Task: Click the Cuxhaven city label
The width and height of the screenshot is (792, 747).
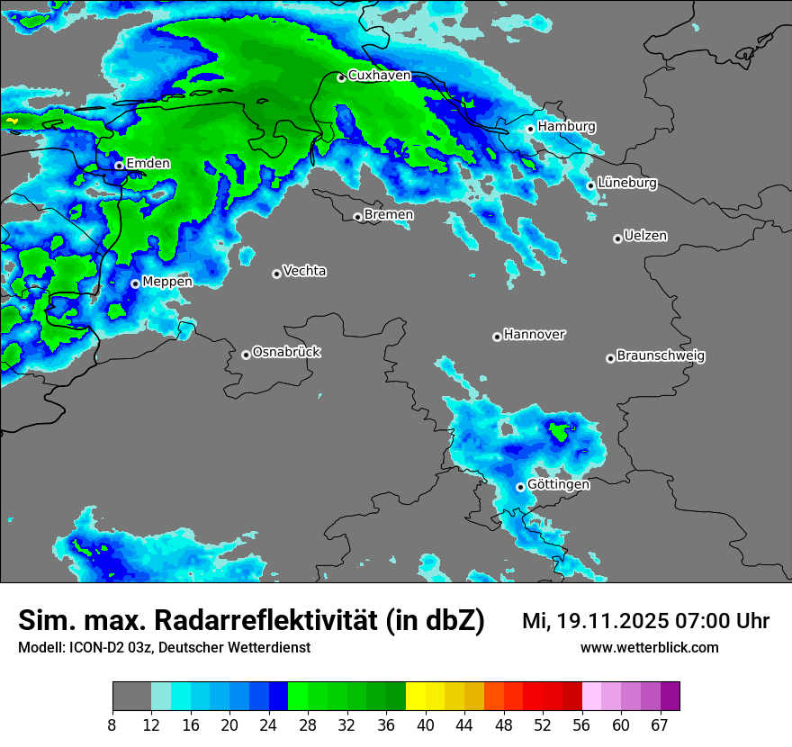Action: point(379,76)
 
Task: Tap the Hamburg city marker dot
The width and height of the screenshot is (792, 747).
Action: point(530,129)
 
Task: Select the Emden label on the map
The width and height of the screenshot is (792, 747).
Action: point(148,163)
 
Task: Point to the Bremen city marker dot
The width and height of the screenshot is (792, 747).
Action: point(357,217)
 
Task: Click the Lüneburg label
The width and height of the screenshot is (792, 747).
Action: point(627,183)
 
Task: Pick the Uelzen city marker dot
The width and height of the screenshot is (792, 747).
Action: point(617,238)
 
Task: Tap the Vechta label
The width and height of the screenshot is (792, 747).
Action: point(304,271)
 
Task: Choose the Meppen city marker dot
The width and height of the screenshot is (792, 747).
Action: point(135,283)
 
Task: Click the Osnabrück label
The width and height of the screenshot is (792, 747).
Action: point(286,352)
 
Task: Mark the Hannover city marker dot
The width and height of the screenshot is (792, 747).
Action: point(497,337)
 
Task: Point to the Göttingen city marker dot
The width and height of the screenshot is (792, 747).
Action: point(520,487)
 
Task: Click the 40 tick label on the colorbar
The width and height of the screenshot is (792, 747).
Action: point(426,725)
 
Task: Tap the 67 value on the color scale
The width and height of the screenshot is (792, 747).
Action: point(659,725)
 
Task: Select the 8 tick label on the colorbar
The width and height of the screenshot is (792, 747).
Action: point(112,725)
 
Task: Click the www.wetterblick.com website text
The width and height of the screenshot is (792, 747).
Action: point(649,647)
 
